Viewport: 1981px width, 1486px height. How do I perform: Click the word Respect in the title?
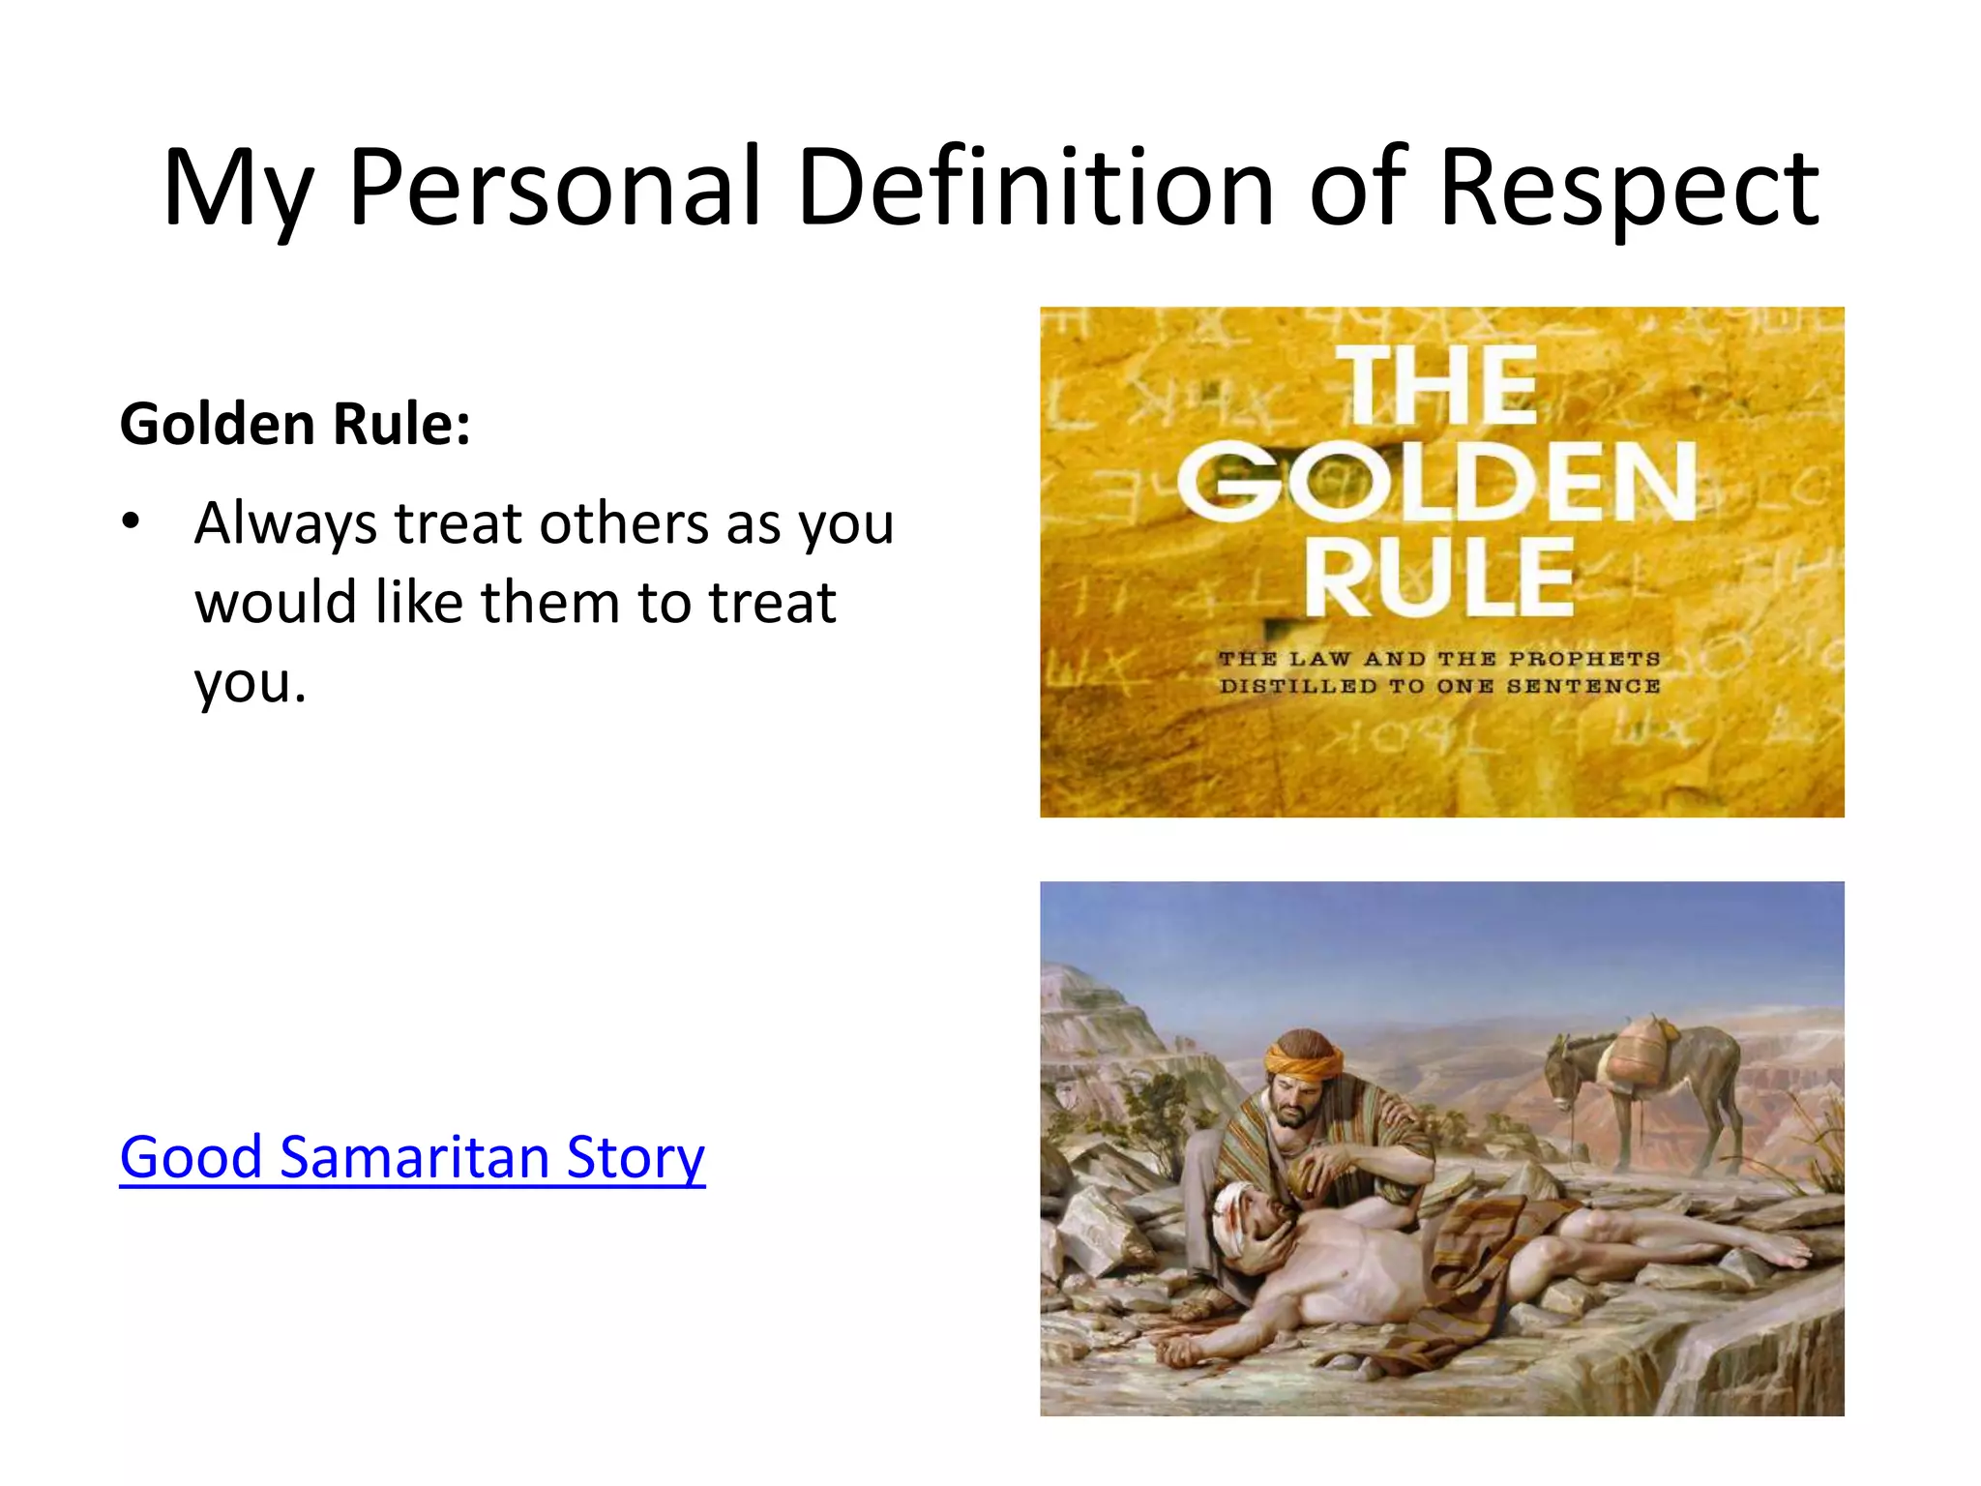click(x=1629, y=189)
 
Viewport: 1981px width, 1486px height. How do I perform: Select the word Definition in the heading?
click(x=1035, y=189)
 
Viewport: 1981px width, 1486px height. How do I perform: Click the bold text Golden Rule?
click(x=295, y=424)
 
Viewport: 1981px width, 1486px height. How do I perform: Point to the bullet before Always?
click(x=131, y=523)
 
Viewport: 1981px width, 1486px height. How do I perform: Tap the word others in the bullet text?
click(x=623, y=523)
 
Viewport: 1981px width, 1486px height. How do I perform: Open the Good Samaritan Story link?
click(x=412, y=1156)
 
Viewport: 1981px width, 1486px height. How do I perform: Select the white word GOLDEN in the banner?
click(x=1437, y=482)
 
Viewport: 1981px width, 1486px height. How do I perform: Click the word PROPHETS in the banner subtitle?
click(x=1584, y=659)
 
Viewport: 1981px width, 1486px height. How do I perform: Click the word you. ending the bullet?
click(x=250, y=682)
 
